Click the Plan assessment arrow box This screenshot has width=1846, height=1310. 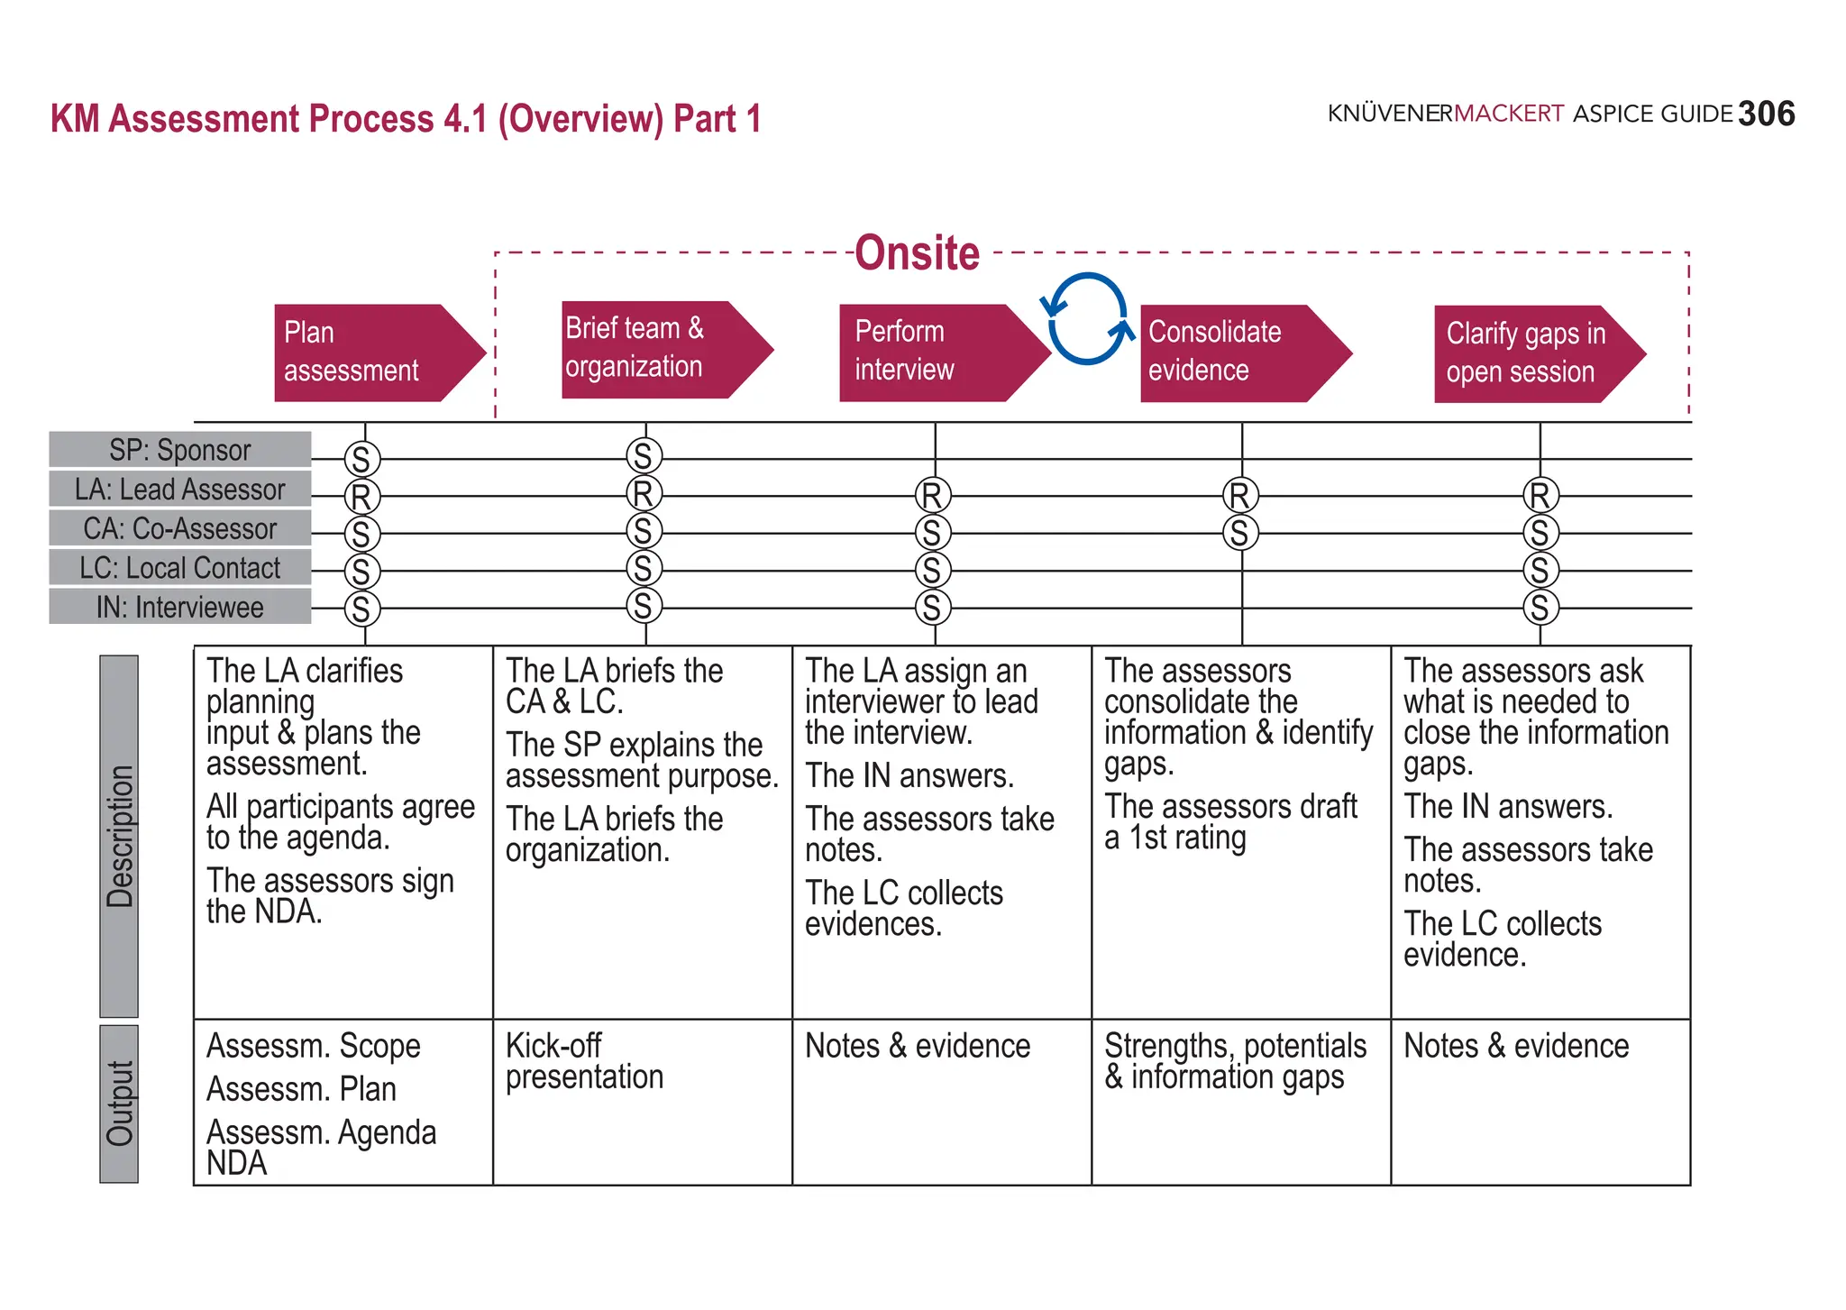370,353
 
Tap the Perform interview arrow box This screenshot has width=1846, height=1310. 933,353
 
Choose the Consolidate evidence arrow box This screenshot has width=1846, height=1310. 1235,353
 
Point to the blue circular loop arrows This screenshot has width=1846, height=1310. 1087,318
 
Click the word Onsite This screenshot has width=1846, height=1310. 917,253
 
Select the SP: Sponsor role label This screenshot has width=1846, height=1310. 180,449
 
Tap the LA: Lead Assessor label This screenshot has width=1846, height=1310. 180,489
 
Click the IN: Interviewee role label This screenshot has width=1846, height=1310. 180,607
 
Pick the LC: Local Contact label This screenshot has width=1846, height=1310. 180,567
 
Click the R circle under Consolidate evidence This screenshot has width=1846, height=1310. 1240,495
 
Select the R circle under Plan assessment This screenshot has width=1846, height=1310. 361,497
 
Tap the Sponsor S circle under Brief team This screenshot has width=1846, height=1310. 644,456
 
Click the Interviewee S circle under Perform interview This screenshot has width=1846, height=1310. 933,608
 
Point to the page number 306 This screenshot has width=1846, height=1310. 1766,115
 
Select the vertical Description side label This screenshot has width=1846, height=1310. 119,836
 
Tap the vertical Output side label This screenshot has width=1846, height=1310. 119,1104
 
